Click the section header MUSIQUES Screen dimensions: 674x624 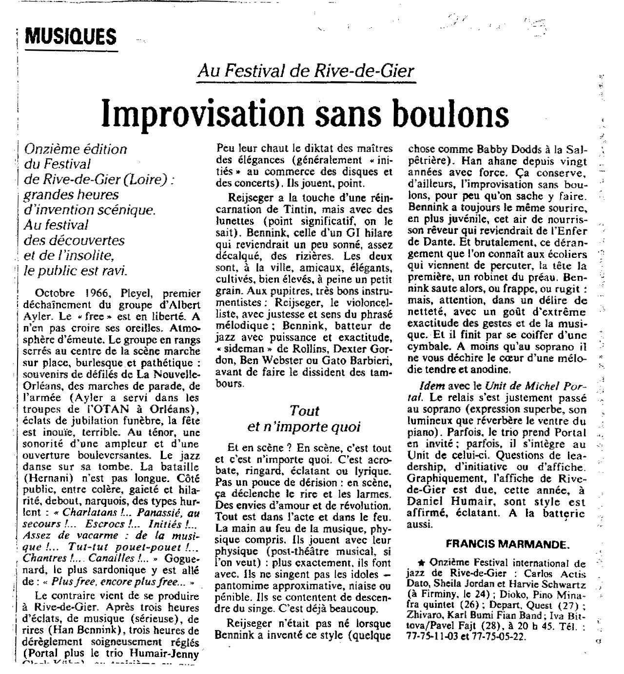(70, 36)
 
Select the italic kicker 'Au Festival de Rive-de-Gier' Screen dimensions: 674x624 (305, 71)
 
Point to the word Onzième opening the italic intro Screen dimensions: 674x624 (58, 149)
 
